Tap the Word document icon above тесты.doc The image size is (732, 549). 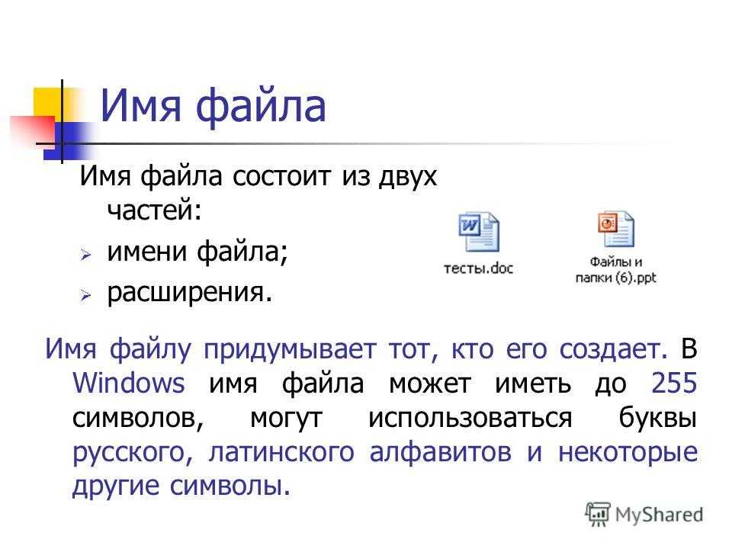(479, 232)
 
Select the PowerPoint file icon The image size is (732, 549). (616, 229)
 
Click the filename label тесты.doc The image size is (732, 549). (479, 268)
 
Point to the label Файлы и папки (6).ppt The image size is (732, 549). (616, 269)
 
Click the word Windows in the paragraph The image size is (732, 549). (129, 384)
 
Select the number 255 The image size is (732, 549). (674, 383)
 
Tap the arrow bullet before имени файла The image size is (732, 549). (85, 255)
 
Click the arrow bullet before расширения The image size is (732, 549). (85, 295)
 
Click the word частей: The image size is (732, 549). (155, 210)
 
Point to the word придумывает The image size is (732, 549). (290, 350)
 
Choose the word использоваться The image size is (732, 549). (470, 418)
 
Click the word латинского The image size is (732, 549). (281, 453)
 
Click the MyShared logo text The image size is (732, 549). (659, 515)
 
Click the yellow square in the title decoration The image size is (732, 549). (49, 104)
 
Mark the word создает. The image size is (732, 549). (613, 350)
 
